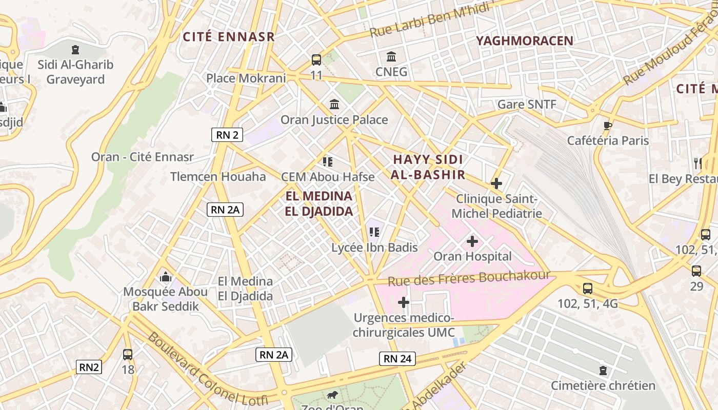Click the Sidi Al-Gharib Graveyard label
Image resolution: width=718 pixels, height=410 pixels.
click(x=75, y=72)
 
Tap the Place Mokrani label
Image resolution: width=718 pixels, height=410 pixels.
click(x=246, y=78)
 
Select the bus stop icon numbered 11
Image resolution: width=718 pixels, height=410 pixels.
click(x=316, y=59)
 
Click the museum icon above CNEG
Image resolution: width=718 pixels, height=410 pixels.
click(x=391, y=56)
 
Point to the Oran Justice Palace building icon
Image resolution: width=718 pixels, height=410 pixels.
click(x=334, y=104)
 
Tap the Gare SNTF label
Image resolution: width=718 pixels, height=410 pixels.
click(x=527, y=105)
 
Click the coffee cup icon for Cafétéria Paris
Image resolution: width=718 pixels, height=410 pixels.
click(x=608, y=126)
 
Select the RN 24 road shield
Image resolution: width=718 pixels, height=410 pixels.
click(x=397, y=358)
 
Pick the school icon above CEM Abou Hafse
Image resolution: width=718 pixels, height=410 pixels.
click(x=328, y=162)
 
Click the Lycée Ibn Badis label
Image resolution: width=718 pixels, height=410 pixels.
click(x=374, y=248)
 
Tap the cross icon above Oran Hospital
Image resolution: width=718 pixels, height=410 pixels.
click(x=472, y=241)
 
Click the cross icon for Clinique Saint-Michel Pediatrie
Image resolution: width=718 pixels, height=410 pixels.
click(x=496, y=183)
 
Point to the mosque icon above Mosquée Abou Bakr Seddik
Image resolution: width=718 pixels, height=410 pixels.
click(x=165, y=277)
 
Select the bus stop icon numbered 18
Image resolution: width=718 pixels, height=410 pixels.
click(x=128, y=354)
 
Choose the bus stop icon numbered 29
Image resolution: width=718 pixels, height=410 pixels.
click(x=696, y=271)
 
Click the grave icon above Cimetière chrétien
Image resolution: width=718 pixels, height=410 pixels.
click(x=603, y=370)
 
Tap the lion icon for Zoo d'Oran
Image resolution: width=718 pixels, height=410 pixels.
click(x=332, y=395)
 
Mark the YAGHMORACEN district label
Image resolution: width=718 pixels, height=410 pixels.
click(x=525, y=41)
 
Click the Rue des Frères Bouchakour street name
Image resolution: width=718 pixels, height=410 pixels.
click(x=469, y=278)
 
